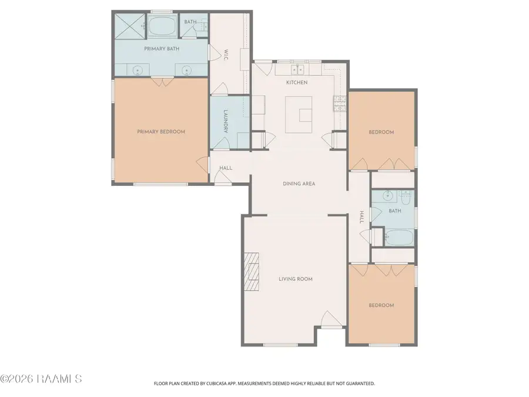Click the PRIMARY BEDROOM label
click(x=161, y=132)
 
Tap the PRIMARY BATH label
click(x=162, y=49)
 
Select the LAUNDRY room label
click(x=226, y=121)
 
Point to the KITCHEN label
click(x=297, y=82)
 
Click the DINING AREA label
click(x=299, y=184)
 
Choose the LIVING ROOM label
click(x=296, y=279)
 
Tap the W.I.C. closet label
click(x=226, y=55)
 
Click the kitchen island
click(x=299, y=115)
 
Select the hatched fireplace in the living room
click(x=252, y=272)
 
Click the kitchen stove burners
click(x=340, y=104)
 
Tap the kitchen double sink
click(x=297, y=70)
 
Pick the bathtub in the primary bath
click(x=161, y=25)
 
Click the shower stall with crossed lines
click(x=130, y=26)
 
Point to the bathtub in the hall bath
click(x=399, y=238)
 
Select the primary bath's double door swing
click(x=162, y=82)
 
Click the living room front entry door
click(x=332, y=319)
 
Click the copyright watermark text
click(x=41, y=379)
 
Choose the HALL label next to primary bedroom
click(x=226, y=168)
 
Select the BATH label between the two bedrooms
click(x=395, y=211)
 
